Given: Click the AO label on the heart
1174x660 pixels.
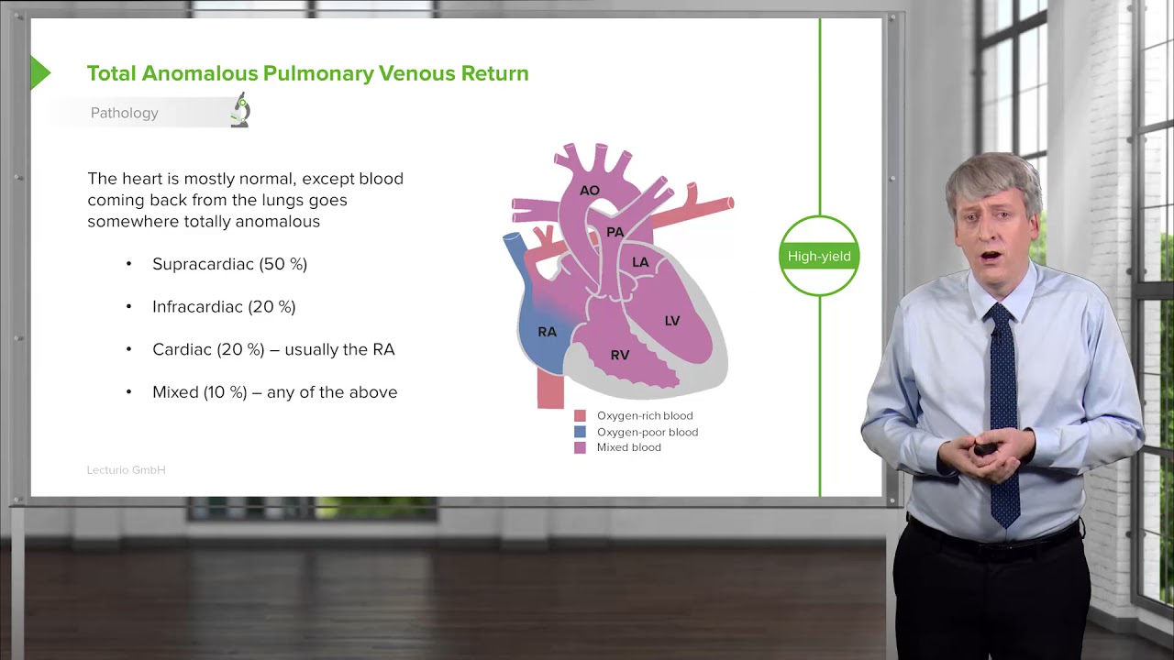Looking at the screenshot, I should coord(589,191).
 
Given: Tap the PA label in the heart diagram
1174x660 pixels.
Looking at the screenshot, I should coord(615,233).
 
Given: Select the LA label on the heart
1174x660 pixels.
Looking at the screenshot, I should coord(640,262).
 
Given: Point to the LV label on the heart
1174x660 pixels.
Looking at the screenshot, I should coord(672,321).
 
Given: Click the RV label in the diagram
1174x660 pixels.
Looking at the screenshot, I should coord(620,355).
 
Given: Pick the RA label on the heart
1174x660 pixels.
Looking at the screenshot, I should coord(547,332).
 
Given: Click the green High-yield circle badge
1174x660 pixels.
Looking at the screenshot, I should coord(819,257).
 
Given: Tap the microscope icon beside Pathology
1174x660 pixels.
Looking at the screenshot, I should coord(240,110).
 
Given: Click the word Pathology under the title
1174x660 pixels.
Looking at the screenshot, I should coord(125,113).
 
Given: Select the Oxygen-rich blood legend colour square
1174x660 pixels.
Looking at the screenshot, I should coord(580,416).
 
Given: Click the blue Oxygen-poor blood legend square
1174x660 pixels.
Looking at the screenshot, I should coord(580,432).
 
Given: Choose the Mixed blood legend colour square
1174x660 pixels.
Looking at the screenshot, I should coord(580,447).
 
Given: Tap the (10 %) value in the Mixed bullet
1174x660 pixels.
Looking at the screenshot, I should coord(227,392).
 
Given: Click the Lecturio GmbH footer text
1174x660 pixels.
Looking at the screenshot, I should coord(126,470).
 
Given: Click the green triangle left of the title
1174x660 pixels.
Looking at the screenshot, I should coord(39,73).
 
